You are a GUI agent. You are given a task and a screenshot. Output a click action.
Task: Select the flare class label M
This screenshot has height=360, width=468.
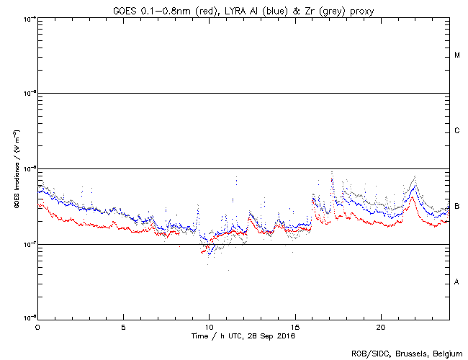coord(457,55)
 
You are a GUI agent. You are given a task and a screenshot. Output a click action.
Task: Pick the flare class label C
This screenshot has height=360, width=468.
coord(457,131)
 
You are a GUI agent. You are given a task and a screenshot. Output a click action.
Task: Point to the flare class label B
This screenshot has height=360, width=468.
coord(457,207)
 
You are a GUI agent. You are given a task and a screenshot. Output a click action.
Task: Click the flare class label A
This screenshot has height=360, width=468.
coord(457,282)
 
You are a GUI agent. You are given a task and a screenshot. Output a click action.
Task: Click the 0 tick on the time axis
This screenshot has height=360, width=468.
coord(37,326)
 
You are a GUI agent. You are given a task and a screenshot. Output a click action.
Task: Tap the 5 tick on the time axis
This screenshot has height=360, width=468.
coord(123,326)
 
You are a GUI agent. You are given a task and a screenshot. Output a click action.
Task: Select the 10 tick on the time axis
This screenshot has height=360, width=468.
coord(209,326)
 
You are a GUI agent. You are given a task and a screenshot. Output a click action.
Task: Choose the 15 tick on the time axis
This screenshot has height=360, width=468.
coord(294,326)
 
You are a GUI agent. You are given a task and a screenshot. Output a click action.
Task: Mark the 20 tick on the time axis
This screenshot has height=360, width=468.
coord(380,326)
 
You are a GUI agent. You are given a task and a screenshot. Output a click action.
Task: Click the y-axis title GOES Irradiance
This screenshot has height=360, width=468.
coord(17,170)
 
